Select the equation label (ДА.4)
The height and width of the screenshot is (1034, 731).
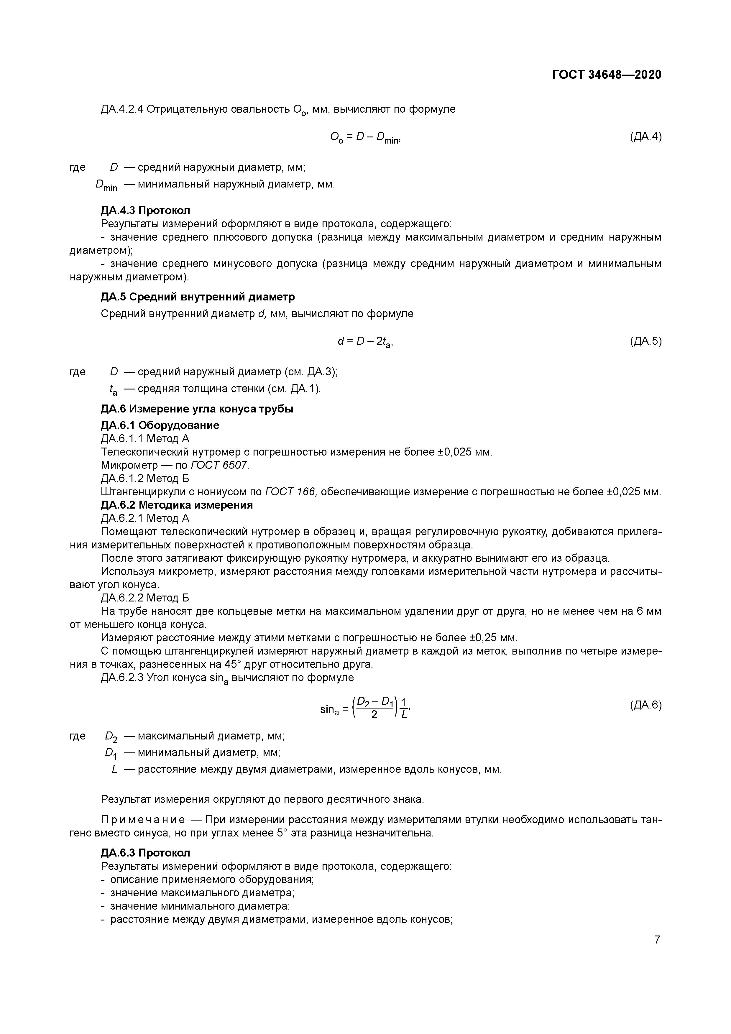(645, 137)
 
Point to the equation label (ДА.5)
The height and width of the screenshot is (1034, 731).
(645, 341)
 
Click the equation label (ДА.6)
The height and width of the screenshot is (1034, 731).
(645, 705)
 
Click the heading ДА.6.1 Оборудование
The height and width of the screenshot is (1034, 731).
(160, 425)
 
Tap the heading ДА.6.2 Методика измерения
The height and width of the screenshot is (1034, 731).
(177, 504)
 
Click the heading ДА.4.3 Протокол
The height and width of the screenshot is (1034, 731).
(145, 210)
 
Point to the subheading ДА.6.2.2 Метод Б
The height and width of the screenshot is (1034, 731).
(145, 598)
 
